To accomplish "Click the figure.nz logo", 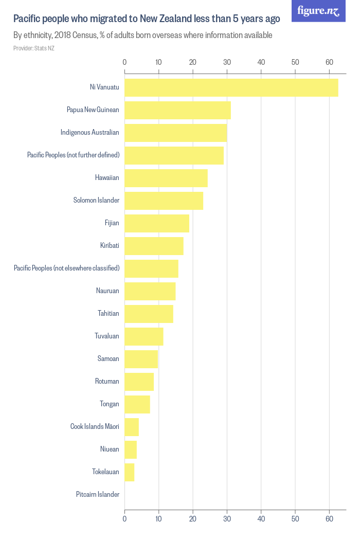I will coord(318,11).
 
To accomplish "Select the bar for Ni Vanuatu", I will coord(231,87).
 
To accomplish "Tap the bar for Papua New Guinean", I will coord(177,110).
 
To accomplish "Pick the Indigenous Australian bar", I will coord(175,133).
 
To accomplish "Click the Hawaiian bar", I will coord(166,178).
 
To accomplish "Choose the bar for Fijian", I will coord(156,223).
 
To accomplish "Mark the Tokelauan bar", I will coord(129,472).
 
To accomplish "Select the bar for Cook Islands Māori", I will coord(131,427).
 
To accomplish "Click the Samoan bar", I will coord(141,359).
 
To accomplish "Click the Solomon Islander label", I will coord(96,201).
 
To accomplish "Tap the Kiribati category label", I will coord(110,246).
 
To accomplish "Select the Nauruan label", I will coord(107,291).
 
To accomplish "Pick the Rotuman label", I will coord(107,382).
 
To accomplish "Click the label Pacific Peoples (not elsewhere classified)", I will coord(66,268).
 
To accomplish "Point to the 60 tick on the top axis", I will coord(329,62).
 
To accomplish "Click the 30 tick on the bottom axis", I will coord(227,519).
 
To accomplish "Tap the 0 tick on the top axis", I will coord(124,62).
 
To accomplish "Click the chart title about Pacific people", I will coord(147,20).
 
